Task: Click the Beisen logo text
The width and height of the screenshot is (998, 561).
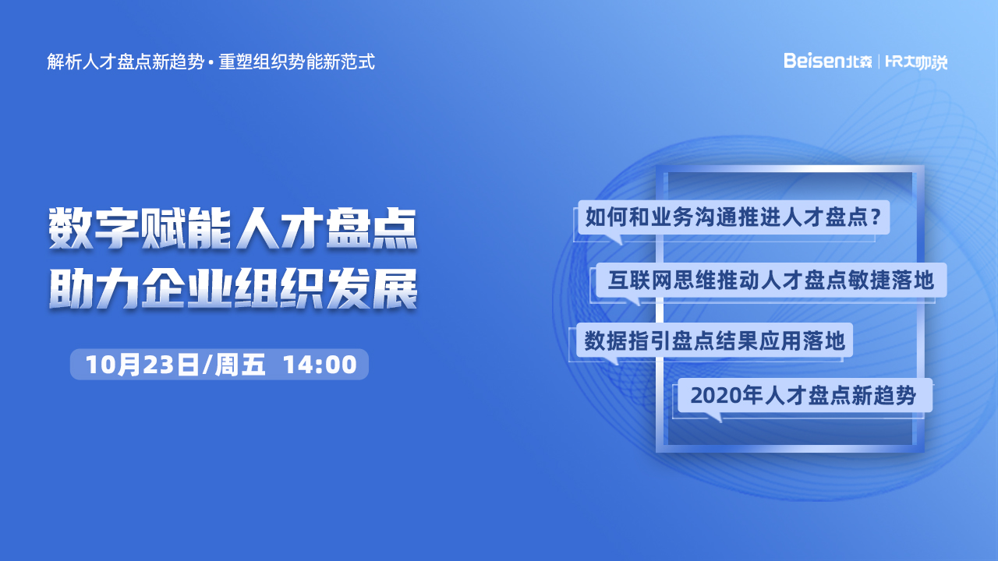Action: tap(827, 61)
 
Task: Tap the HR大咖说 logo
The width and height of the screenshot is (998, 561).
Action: tap(916, 62)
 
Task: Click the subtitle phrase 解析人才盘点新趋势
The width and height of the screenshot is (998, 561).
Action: tap(126, 62)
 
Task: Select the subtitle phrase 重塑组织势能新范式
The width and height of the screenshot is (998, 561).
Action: tap(297, 62)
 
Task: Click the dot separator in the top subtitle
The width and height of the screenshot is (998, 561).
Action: tap(211, 62)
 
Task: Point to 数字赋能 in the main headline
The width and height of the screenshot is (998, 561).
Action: tap(140, 228)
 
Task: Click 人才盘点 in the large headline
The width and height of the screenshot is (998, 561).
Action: tap(327, 228)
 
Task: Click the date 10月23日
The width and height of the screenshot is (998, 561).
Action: tap(142, 365)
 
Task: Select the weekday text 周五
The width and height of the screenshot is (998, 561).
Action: tap(240, 365)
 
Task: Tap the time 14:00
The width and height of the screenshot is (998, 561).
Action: tap(320, 365)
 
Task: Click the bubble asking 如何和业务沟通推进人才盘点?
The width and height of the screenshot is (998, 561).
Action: tap(734, 217)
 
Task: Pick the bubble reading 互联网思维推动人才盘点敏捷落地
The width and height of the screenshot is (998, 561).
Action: tap(771, 280)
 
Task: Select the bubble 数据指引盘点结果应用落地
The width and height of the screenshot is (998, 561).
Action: tap(715, 340)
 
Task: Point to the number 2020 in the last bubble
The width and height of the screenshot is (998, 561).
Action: tap(717, 395)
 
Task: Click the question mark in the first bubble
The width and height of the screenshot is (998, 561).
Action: tap(876, 217)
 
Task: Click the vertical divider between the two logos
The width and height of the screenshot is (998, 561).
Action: tap(879, 62)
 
